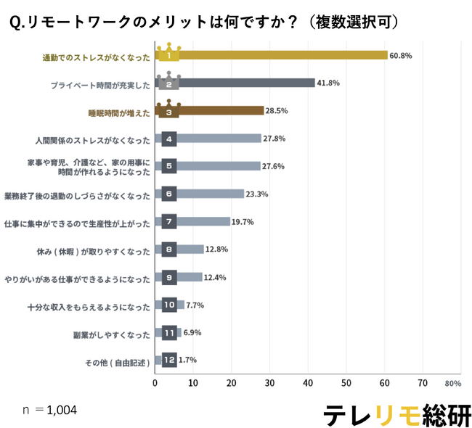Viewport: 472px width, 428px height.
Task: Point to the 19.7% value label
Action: (243, 222)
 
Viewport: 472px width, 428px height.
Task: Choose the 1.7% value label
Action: (187, 360)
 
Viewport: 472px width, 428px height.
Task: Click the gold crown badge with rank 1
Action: (168, 53)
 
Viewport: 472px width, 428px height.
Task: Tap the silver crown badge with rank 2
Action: (168, 82)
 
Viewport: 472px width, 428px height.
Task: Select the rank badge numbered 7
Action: (168, 222)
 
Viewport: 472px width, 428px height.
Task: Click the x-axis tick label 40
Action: (308, 382)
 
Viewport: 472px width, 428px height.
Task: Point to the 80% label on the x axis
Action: (452, 383)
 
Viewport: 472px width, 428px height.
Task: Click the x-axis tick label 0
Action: (155, 382)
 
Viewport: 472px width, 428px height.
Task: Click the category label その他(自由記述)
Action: (117, 361)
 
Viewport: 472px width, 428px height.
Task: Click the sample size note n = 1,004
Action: (49, 410)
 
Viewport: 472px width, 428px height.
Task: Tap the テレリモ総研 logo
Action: (397, 413)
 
